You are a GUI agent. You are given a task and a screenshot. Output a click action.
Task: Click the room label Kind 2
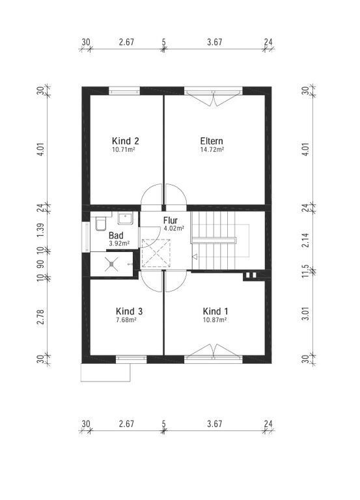(x=125, y=141)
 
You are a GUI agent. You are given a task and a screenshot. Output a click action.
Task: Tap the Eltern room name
(x=212, y=141)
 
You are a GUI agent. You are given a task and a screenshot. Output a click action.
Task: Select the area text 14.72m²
(x=212, y=149)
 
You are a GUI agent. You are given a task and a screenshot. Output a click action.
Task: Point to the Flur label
(x=171, y=220)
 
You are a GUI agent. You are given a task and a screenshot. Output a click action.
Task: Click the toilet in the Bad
(x=102, y=223)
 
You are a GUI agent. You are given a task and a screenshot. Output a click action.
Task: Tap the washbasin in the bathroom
(x=125, y=219)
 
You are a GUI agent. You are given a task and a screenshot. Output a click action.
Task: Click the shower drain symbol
(x=111, y=264)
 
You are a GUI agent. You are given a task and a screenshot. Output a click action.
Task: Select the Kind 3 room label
(x=129, y=311)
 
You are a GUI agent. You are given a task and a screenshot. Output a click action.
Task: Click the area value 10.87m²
(x=215, y=320)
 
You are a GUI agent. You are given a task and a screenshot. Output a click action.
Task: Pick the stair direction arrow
(x=195, y=257)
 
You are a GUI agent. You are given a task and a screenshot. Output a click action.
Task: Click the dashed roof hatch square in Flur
(x=156, y=253)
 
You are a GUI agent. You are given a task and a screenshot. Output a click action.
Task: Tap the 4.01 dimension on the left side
(x=41, y=149)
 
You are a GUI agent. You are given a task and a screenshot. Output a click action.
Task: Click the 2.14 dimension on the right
(x=305, y=240)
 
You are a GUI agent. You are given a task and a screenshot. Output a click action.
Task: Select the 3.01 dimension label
(x=305, y=314)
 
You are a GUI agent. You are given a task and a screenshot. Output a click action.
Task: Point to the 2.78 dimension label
(x=41, y=316)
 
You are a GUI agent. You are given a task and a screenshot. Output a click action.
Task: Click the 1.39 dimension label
(x=41, y=230)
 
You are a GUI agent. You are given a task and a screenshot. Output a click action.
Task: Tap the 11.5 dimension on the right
(x=305, y=271)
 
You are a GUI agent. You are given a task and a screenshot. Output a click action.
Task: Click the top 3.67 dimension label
(x=215, y=42)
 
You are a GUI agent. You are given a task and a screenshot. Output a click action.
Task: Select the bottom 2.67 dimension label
(x=126, y=424)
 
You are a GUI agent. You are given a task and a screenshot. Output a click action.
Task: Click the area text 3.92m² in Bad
(x=119, y=243)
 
